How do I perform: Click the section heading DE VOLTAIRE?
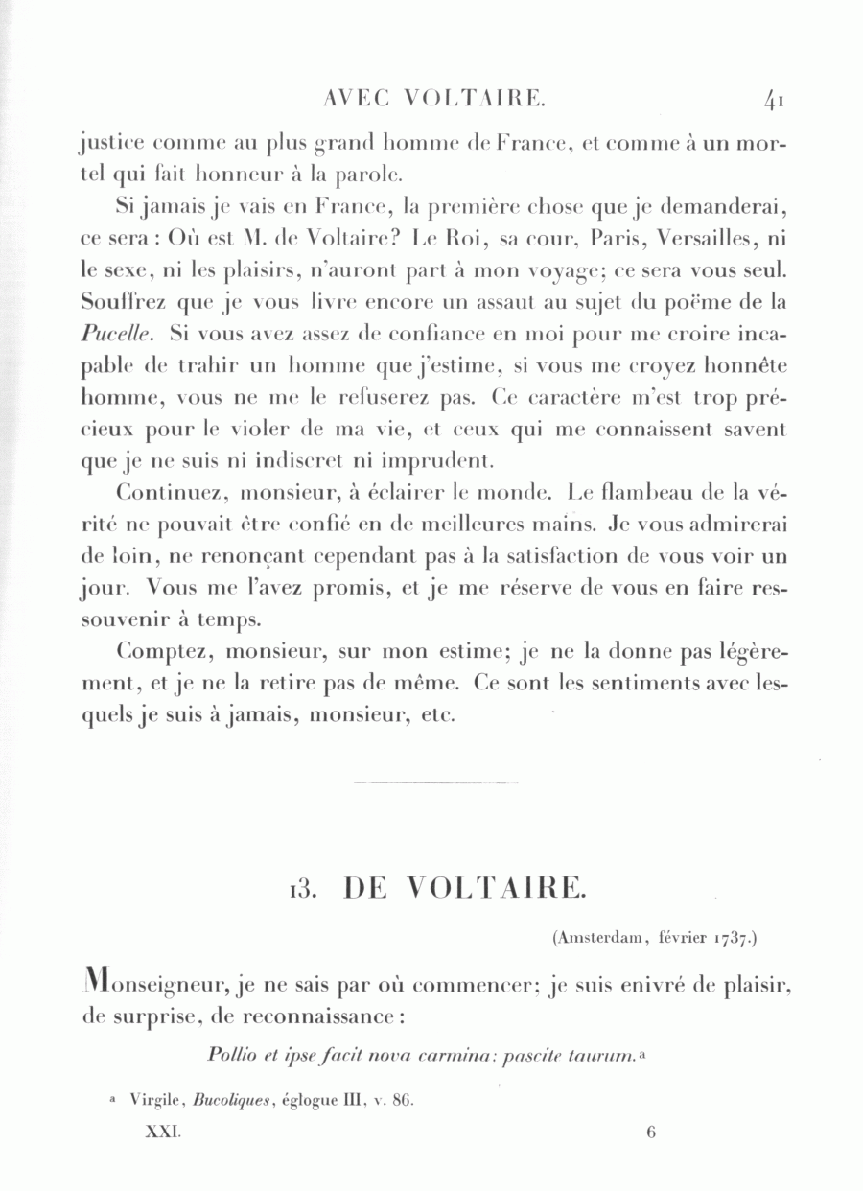tap(463, 889)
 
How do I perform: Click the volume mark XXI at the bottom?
tap(162, 1132)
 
